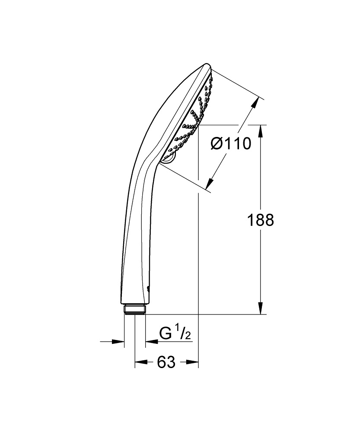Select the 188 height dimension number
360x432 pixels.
(x=260, y=220)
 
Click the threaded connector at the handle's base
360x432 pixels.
(x=135, y=310)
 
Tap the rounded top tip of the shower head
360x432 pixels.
(x=207, y=67)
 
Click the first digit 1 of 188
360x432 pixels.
(x=250, y=220)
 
